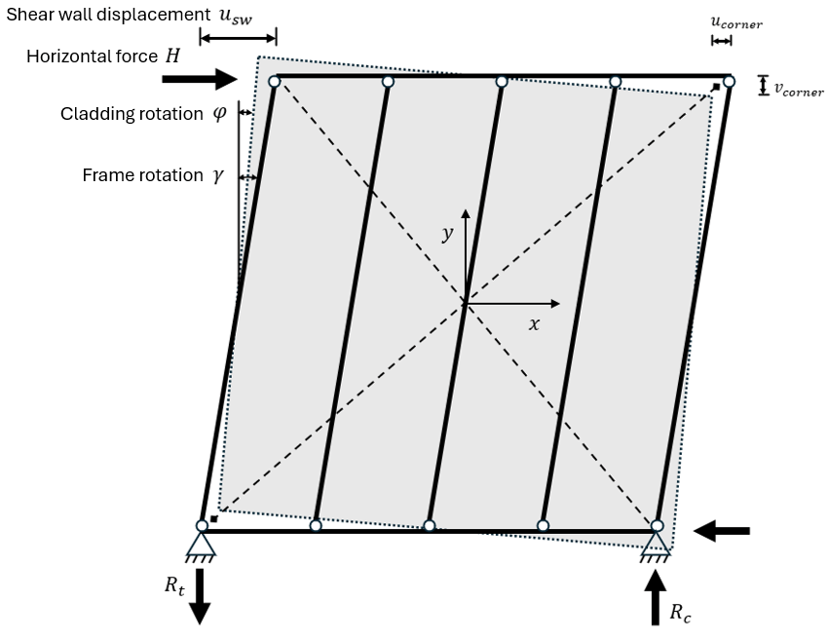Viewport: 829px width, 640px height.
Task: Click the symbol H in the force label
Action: point(172,56)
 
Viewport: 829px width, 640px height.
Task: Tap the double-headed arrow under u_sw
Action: point(238,38)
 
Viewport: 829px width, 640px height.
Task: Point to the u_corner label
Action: point(735,22)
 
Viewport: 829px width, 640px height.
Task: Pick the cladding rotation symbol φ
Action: point(219,114)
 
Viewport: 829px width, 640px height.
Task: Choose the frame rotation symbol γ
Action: point(218,176)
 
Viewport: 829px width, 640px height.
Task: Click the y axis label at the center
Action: point(447,234)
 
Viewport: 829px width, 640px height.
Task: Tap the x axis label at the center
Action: point(534,323)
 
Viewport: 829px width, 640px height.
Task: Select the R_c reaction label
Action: point(679,612)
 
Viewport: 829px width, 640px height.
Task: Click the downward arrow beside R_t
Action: point(200,594)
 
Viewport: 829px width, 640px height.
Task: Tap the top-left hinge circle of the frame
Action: point(275,82)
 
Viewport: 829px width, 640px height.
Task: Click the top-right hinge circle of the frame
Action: point(729,82)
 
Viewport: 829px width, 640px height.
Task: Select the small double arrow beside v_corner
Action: point(763,87)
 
